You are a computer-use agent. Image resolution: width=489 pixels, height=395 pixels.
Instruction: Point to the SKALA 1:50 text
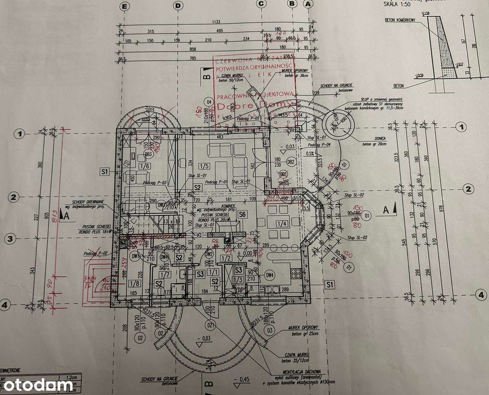tap(397, 4)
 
